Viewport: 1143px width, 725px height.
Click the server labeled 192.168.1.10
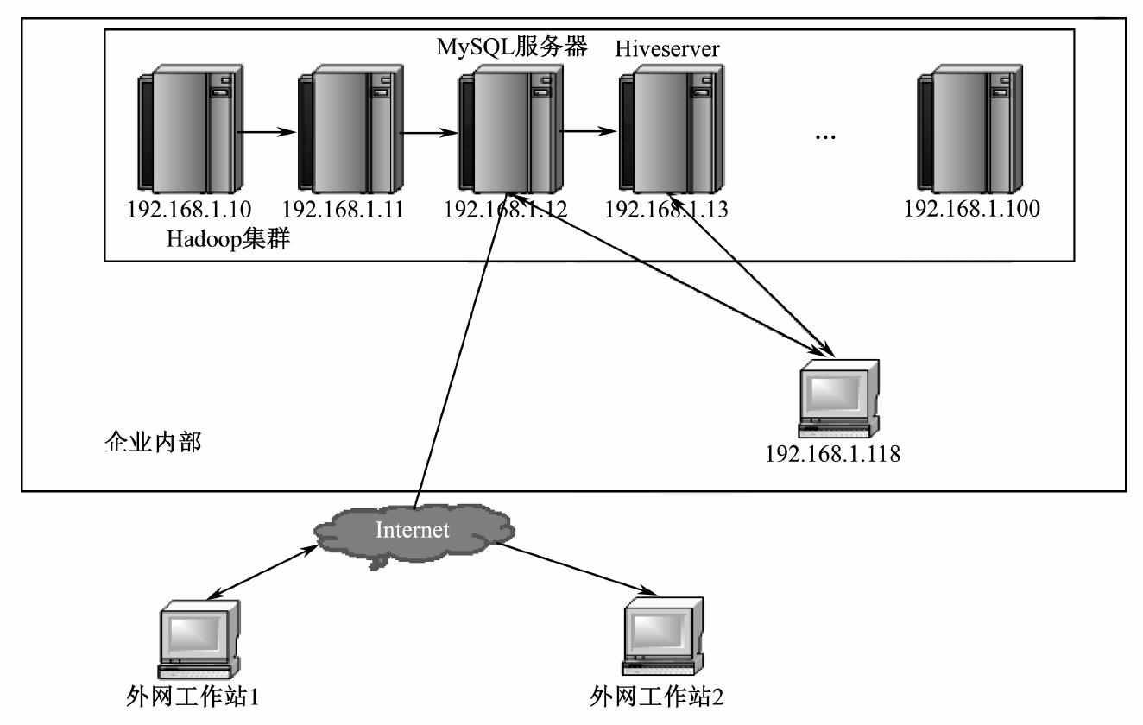click(186, 133)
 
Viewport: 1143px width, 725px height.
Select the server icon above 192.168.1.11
click(344, 133)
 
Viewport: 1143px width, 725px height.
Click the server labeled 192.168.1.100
click(966, 133)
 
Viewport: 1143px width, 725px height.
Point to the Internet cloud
click(413, 530)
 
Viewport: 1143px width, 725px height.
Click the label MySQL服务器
click(512, 47)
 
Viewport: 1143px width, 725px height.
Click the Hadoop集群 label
click(227, 239)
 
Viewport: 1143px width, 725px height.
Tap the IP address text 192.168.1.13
click(666, 209)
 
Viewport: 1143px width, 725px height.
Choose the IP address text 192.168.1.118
click(833, 453)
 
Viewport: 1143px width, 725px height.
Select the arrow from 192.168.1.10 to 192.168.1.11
click(267, 133)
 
